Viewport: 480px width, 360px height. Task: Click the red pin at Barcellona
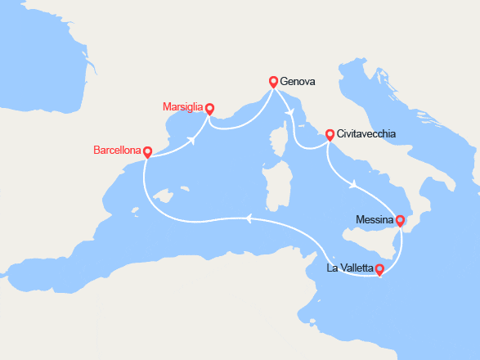pyautogui.click(x=147, y=152)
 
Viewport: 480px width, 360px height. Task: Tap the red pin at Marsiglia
pyautogui.click(x=209, y=108)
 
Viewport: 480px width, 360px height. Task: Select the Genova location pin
pyautogui.click(x=273, y=81)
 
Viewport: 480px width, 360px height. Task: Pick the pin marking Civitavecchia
pyautogui.click(x=330, y=134)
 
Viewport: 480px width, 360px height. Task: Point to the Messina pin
pyautogui.click(x=400, y=220)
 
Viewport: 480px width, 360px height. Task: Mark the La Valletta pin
pyautogui.click(x=379, y=268)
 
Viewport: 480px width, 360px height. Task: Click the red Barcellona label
pyautogui.click(x=117, y=151)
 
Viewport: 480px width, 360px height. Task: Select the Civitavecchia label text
pyautogui.click(x=366, y=134)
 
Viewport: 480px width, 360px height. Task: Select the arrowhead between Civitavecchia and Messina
pyautogui.click(x=352, y=186)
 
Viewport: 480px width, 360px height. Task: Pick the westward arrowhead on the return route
pyautogui.click(x=246, y=218)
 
